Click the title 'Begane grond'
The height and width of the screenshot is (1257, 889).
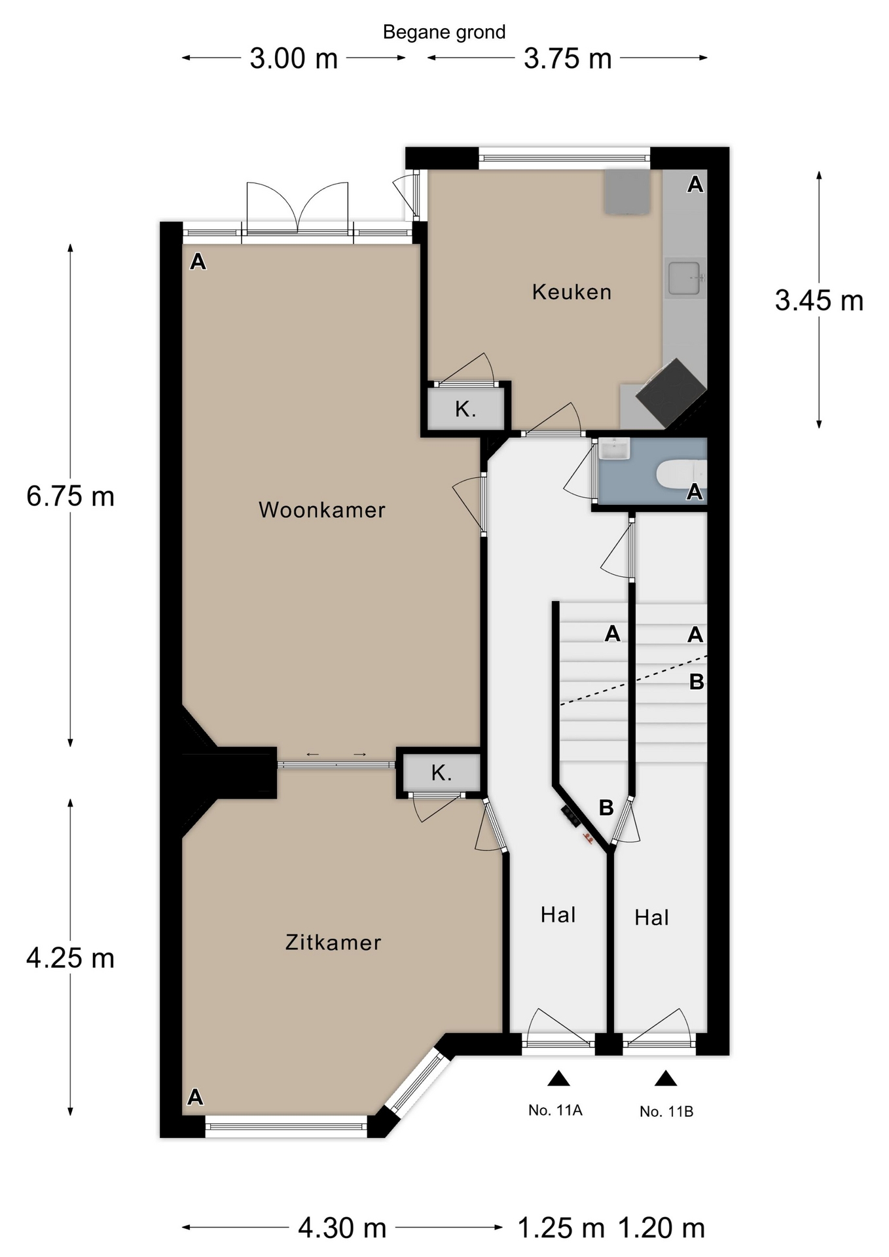click(444, 33)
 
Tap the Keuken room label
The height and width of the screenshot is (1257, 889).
click(571, 292)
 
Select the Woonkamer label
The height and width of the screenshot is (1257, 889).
click(322, 510)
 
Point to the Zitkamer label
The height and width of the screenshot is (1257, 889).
click(333, 943)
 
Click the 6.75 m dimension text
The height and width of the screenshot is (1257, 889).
click(71, 496)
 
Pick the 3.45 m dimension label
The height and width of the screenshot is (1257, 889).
click(819, 301)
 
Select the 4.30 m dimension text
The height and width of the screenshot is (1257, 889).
click(342, 1228)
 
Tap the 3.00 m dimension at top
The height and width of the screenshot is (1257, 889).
click(294, 59)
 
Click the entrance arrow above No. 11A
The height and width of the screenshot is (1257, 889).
click(558, 1078)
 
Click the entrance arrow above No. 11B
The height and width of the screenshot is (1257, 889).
click(666, 1078)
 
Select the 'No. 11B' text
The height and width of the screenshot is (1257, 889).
click(666, 1111)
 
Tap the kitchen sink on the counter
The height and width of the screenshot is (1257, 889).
click(685, 278)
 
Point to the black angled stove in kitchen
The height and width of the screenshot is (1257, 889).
click(671, 392)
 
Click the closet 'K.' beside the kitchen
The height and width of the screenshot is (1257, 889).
click(465, 409)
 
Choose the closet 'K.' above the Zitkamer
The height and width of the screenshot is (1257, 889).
click(441, 773)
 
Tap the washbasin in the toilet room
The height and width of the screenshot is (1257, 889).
click(614, 449)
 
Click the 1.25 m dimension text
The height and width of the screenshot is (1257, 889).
click(561, 1228)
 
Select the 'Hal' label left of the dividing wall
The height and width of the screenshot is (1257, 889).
click(558, 915)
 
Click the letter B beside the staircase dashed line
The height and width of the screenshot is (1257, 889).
click(697, 682)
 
